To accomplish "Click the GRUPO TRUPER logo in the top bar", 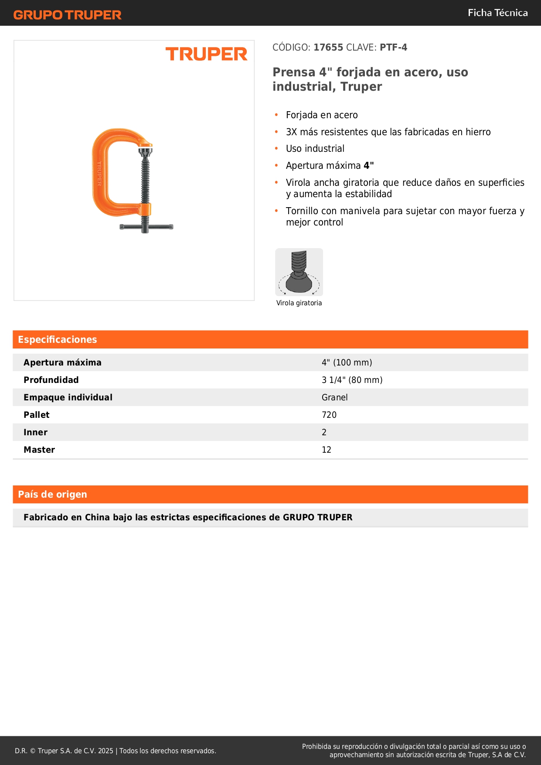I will pyautogui.click(x=67, y=15).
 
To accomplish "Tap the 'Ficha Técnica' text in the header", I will pyautogui.click(x=497, y=13).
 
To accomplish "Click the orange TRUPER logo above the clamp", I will pyautogui.click(x=206, y=54).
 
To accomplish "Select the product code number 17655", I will pyautogui.click(x=328, y=48).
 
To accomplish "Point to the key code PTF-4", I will pyautogui.click(x=393, y=48).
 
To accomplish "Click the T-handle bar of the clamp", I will pyautogui.click(x=146, y=227).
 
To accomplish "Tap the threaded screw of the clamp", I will pyautogui.click(x=145, y=179).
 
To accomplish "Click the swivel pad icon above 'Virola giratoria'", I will pyautogui.click(x=299, y=272).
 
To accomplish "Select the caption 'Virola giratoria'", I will pyautogui.click(x=299, y=303).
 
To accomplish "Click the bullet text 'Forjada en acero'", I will pyautogui.click(x=322, y=115).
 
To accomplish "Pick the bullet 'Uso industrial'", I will pyautogui.click(x=315, y=149).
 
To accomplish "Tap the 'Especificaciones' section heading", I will pyautogui.click(x=58, y=340).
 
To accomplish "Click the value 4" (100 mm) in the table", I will pyautogui.click(x=347, y=362).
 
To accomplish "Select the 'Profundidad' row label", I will pyautogui.click(x=51, y=380).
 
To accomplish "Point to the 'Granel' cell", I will pyautogui.click(x=334, y=397).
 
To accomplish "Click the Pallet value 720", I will pyautogui.click(x=329, y=415).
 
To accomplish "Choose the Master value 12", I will pyautogui.click(x=327, y=450).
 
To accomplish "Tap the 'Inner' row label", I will pyautogui.click(x=35, y=432).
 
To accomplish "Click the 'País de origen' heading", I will pyautogui.click(x=52, y=495).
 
